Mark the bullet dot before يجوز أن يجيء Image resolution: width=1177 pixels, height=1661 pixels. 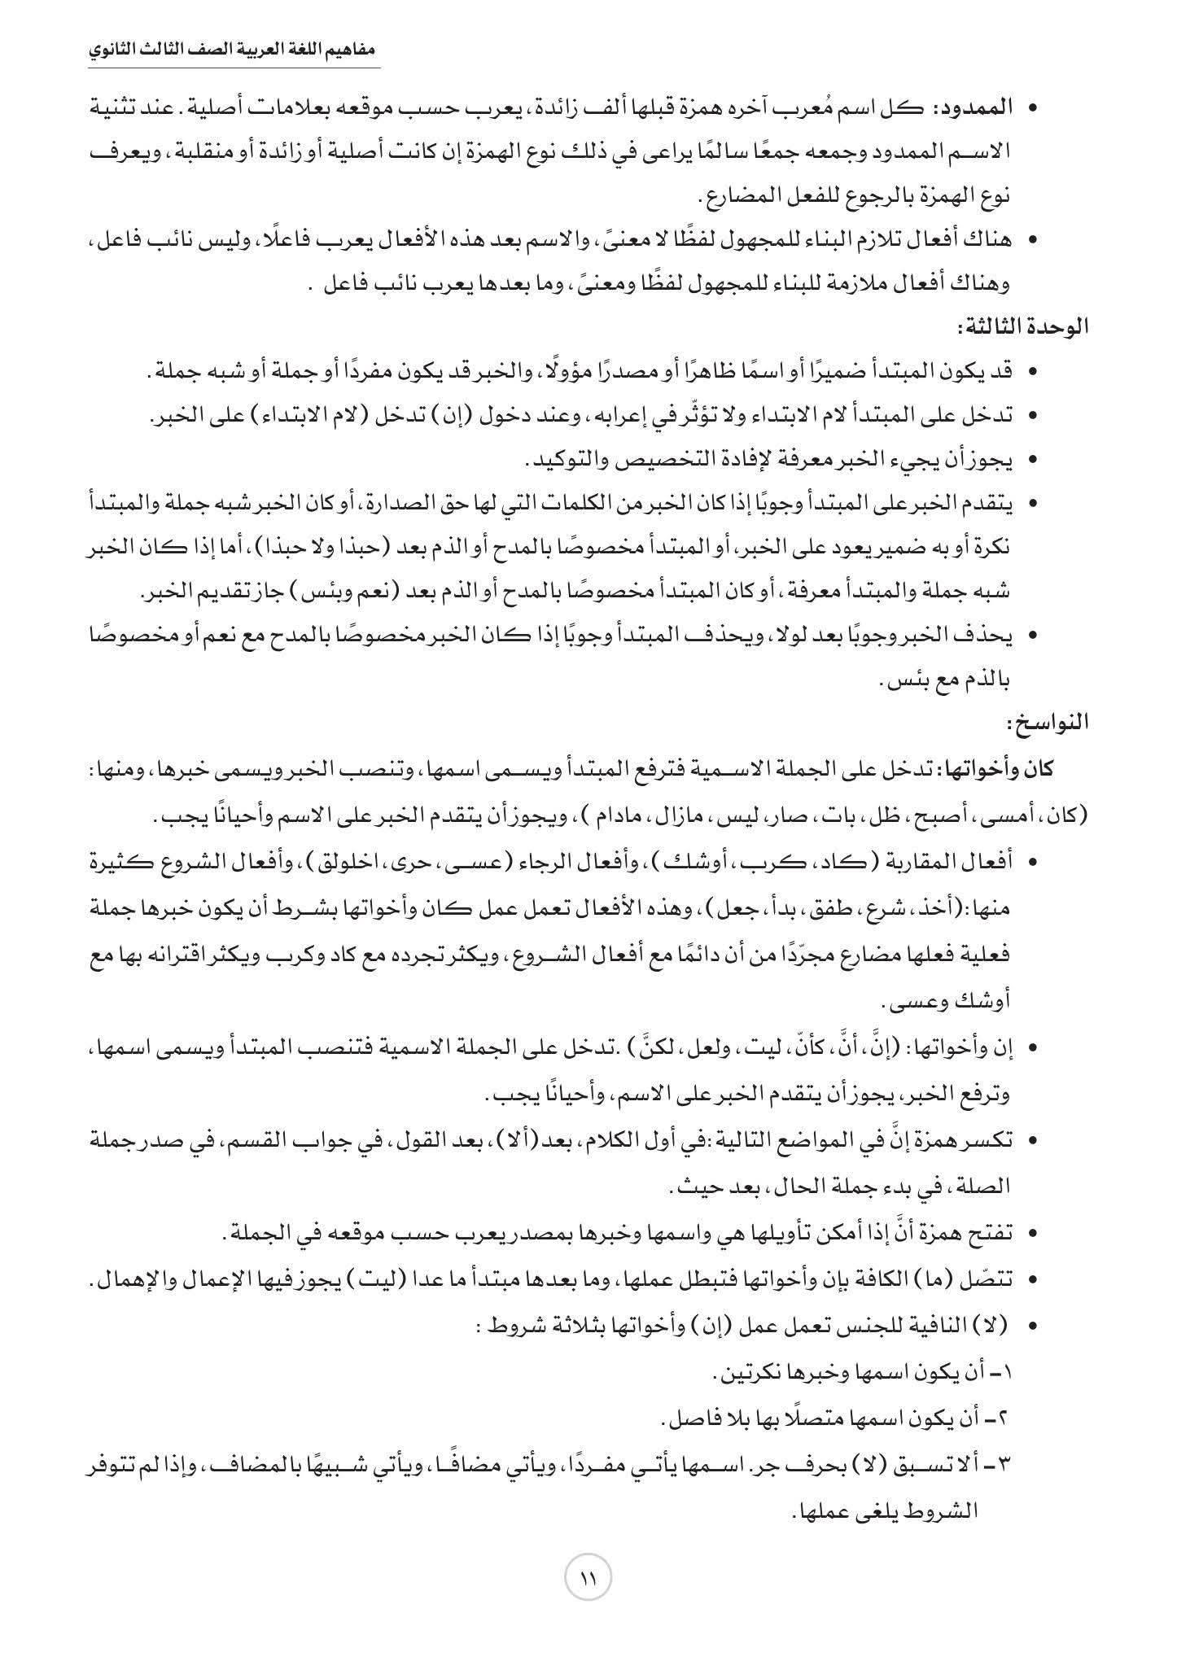coord(1032,461)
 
